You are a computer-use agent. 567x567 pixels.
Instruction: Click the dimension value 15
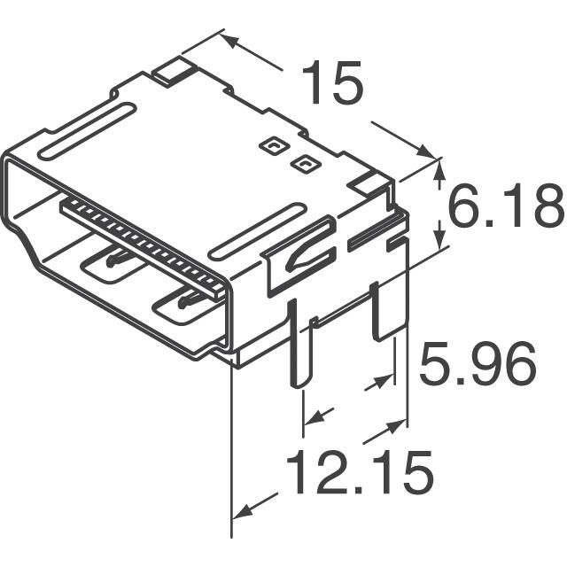point(331,85)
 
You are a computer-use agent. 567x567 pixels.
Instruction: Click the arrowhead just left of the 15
point(229,41)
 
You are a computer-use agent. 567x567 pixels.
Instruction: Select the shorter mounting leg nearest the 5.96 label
point(387,310)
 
